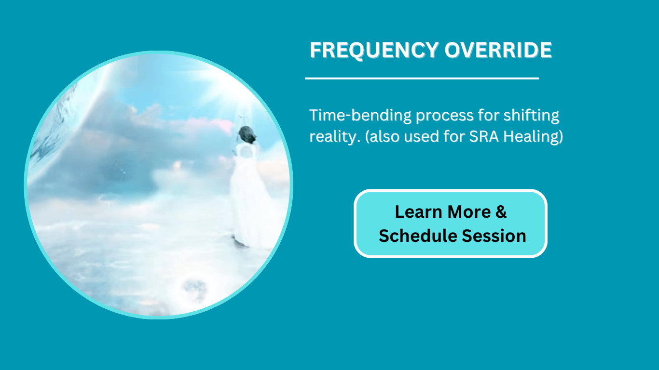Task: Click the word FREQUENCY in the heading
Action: (374, 50)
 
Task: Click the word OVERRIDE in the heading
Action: (498, 50)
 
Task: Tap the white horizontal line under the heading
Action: (422, 79)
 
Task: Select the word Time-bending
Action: (360, 116)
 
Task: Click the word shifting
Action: (531, 116)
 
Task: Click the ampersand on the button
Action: (501, 212)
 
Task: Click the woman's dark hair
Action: (247, 134)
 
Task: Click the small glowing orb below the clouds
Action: (194, 289)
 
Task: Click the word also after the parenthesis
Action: (385, 137)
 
